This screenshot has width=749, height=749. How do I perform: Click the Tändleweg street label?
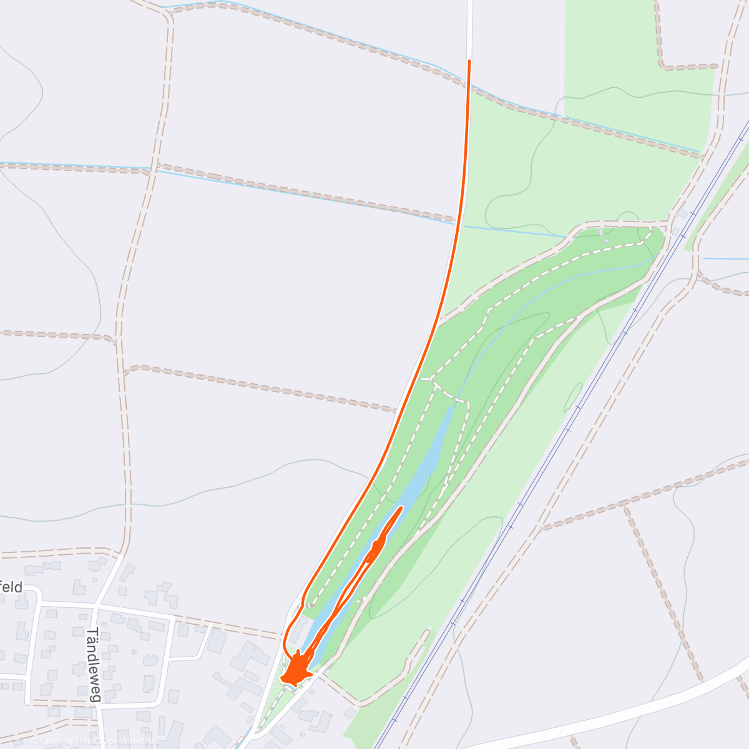(93, 664)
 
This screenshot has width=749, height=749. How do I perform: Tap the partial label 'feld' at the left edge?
(11, 587)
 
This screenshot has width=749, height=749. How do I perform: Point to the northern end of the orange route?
(469, 61)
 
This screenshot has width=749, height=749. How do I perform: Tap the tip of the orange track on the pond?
(400, 508)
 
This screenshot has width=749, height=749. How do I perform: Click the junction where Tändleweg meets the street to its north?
(95, 605)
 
